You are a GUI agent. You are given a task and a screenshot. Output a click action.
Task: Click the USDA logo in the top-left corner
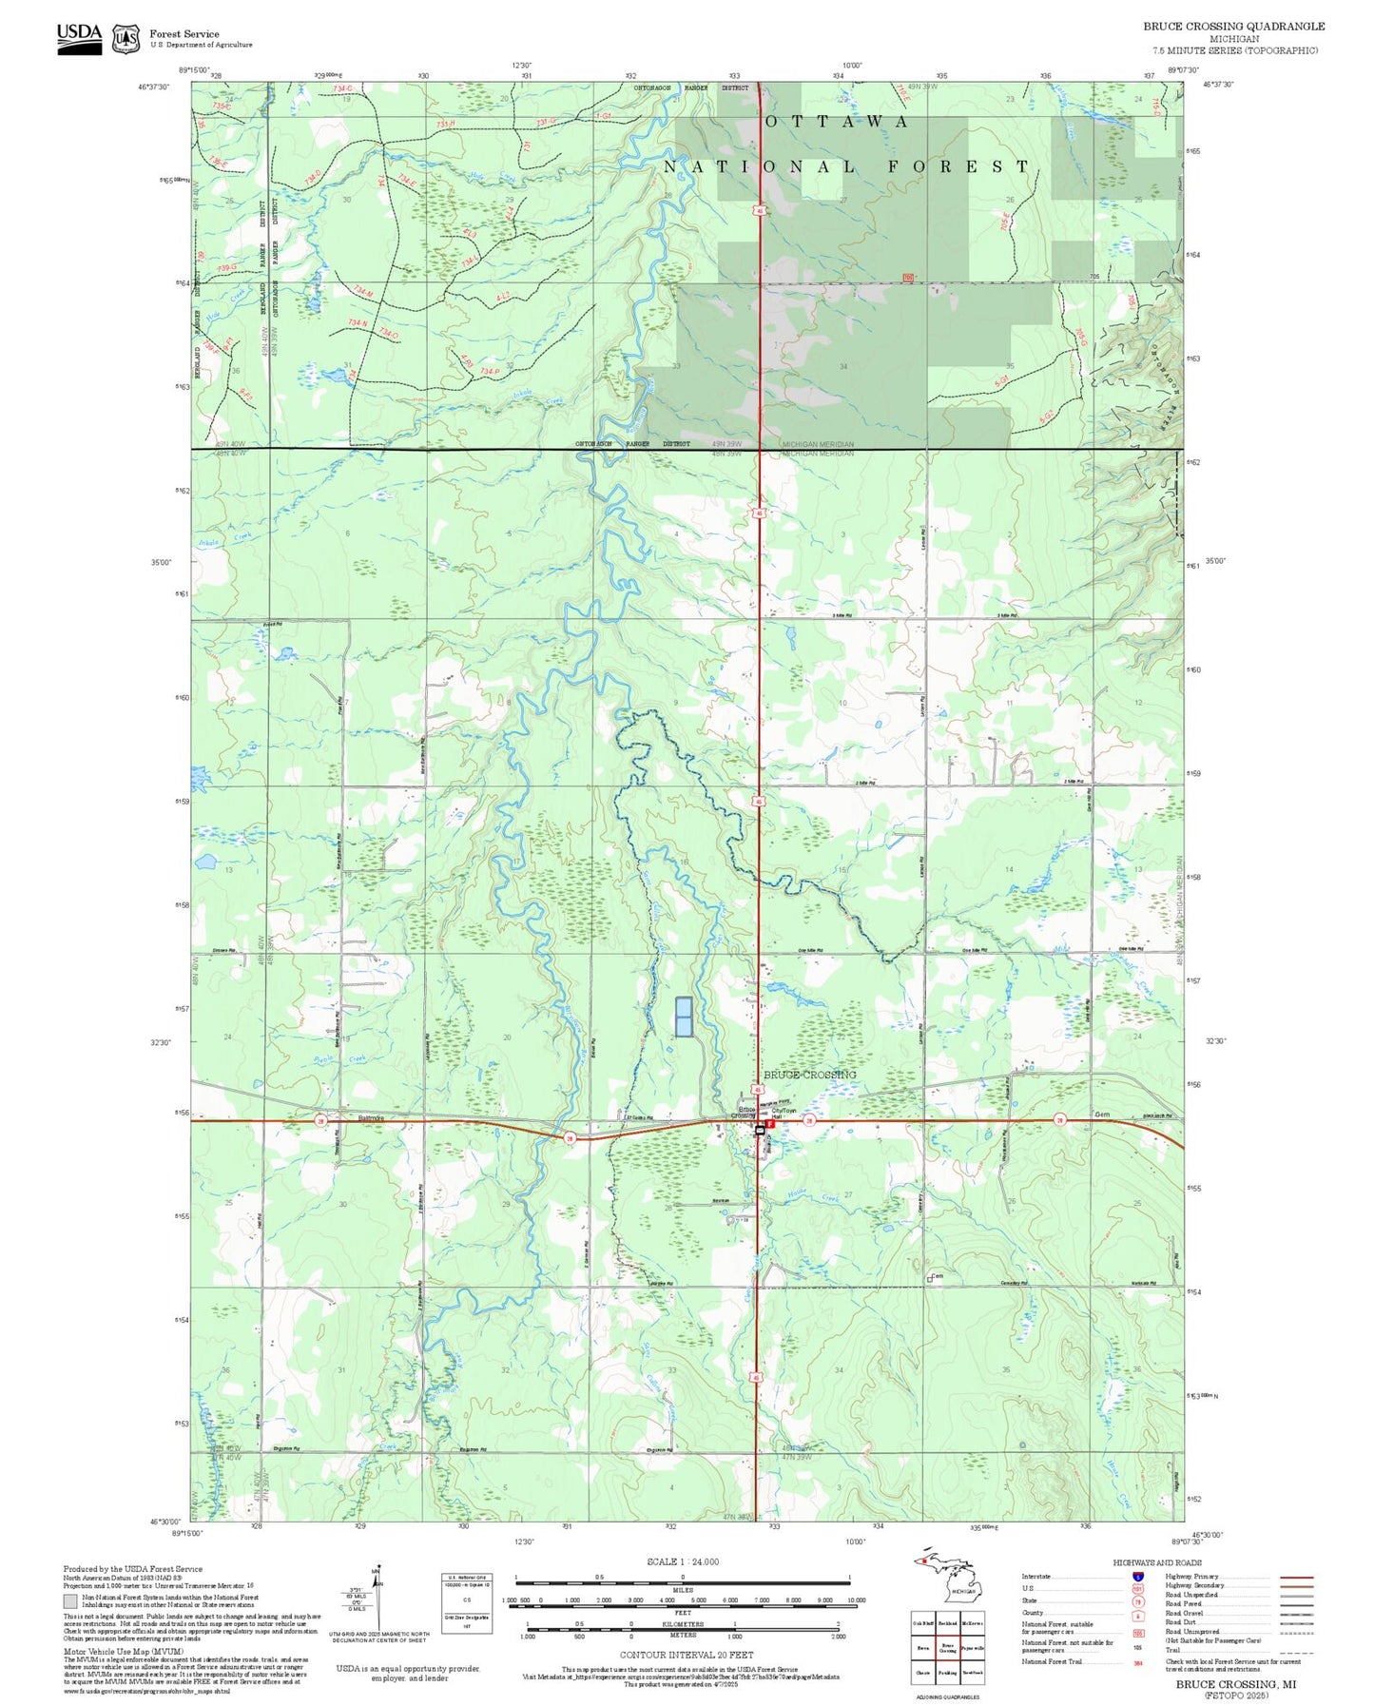point(79,37)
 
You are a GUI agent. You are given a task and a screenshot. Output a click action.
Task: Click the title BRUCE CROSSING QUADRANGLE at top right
point(1233,27)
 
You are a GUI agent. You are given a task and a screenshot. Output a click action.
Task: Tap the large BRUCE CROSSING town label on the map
point(809,1075)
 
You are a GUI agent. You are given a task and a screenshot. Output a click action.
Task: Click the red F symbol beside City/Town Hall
point(771,1123)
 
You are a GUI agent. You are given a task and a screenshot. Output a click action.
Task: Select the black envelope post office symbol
point(759,1129)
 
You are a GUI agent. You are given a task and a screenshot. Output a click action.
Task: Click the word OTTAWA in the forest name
point(837,122)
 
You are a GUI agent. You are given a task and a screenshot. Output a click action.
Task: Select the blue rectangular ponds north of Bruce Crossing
point(683,1017)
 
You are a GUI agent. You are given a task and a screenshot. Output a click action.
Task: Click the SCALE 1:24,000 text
point(683,1561)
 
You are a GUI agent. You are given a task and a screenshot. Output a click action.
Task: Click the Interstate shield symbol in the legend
point(1137,1576)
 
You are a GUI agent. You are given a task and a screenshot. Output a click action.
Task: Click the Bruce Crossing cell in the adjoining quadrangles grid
point(947,1648)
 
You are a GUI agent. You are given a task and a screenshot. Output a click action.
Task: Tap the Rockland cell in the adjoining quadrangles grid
point(947,1623)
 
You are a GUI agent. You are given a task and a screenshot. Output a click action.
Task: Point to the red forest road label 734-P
point(489,371)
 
